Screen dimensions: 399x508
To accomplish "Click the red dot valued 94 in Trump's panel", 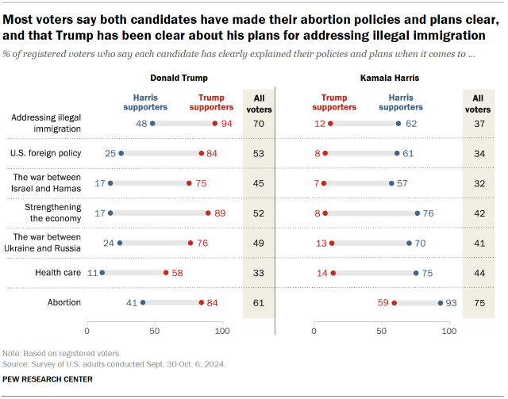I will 215,123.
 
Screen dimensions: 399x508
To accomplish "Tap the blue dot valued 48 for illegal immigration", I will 152,123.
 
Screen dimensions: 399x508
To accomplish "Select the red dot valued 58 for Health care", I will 166,272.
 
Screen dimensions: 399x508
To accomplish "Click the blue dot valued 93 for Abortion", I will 441,302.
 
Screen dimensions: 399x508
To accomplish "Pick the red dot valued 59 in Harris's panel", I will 394,302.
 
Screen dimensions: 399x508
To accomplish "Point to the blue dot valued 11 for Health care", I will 102,272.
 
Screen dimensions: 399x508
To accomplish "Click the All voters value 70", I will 259,123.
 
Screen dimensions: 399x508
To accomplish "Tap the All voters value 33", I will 259,272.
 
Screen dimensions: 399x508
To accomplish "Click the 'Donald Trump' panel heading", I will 179,79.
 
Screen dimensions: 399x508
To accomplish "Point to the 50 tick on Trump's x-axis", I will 155,330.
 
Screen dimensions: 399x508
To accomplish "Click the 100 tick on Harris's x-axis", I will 450,330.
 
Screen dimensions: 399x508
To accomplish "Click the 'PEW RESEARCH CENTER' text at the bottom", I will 48,379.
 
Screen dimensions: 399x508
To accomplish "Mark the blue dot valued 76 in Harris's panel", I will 418,213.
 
